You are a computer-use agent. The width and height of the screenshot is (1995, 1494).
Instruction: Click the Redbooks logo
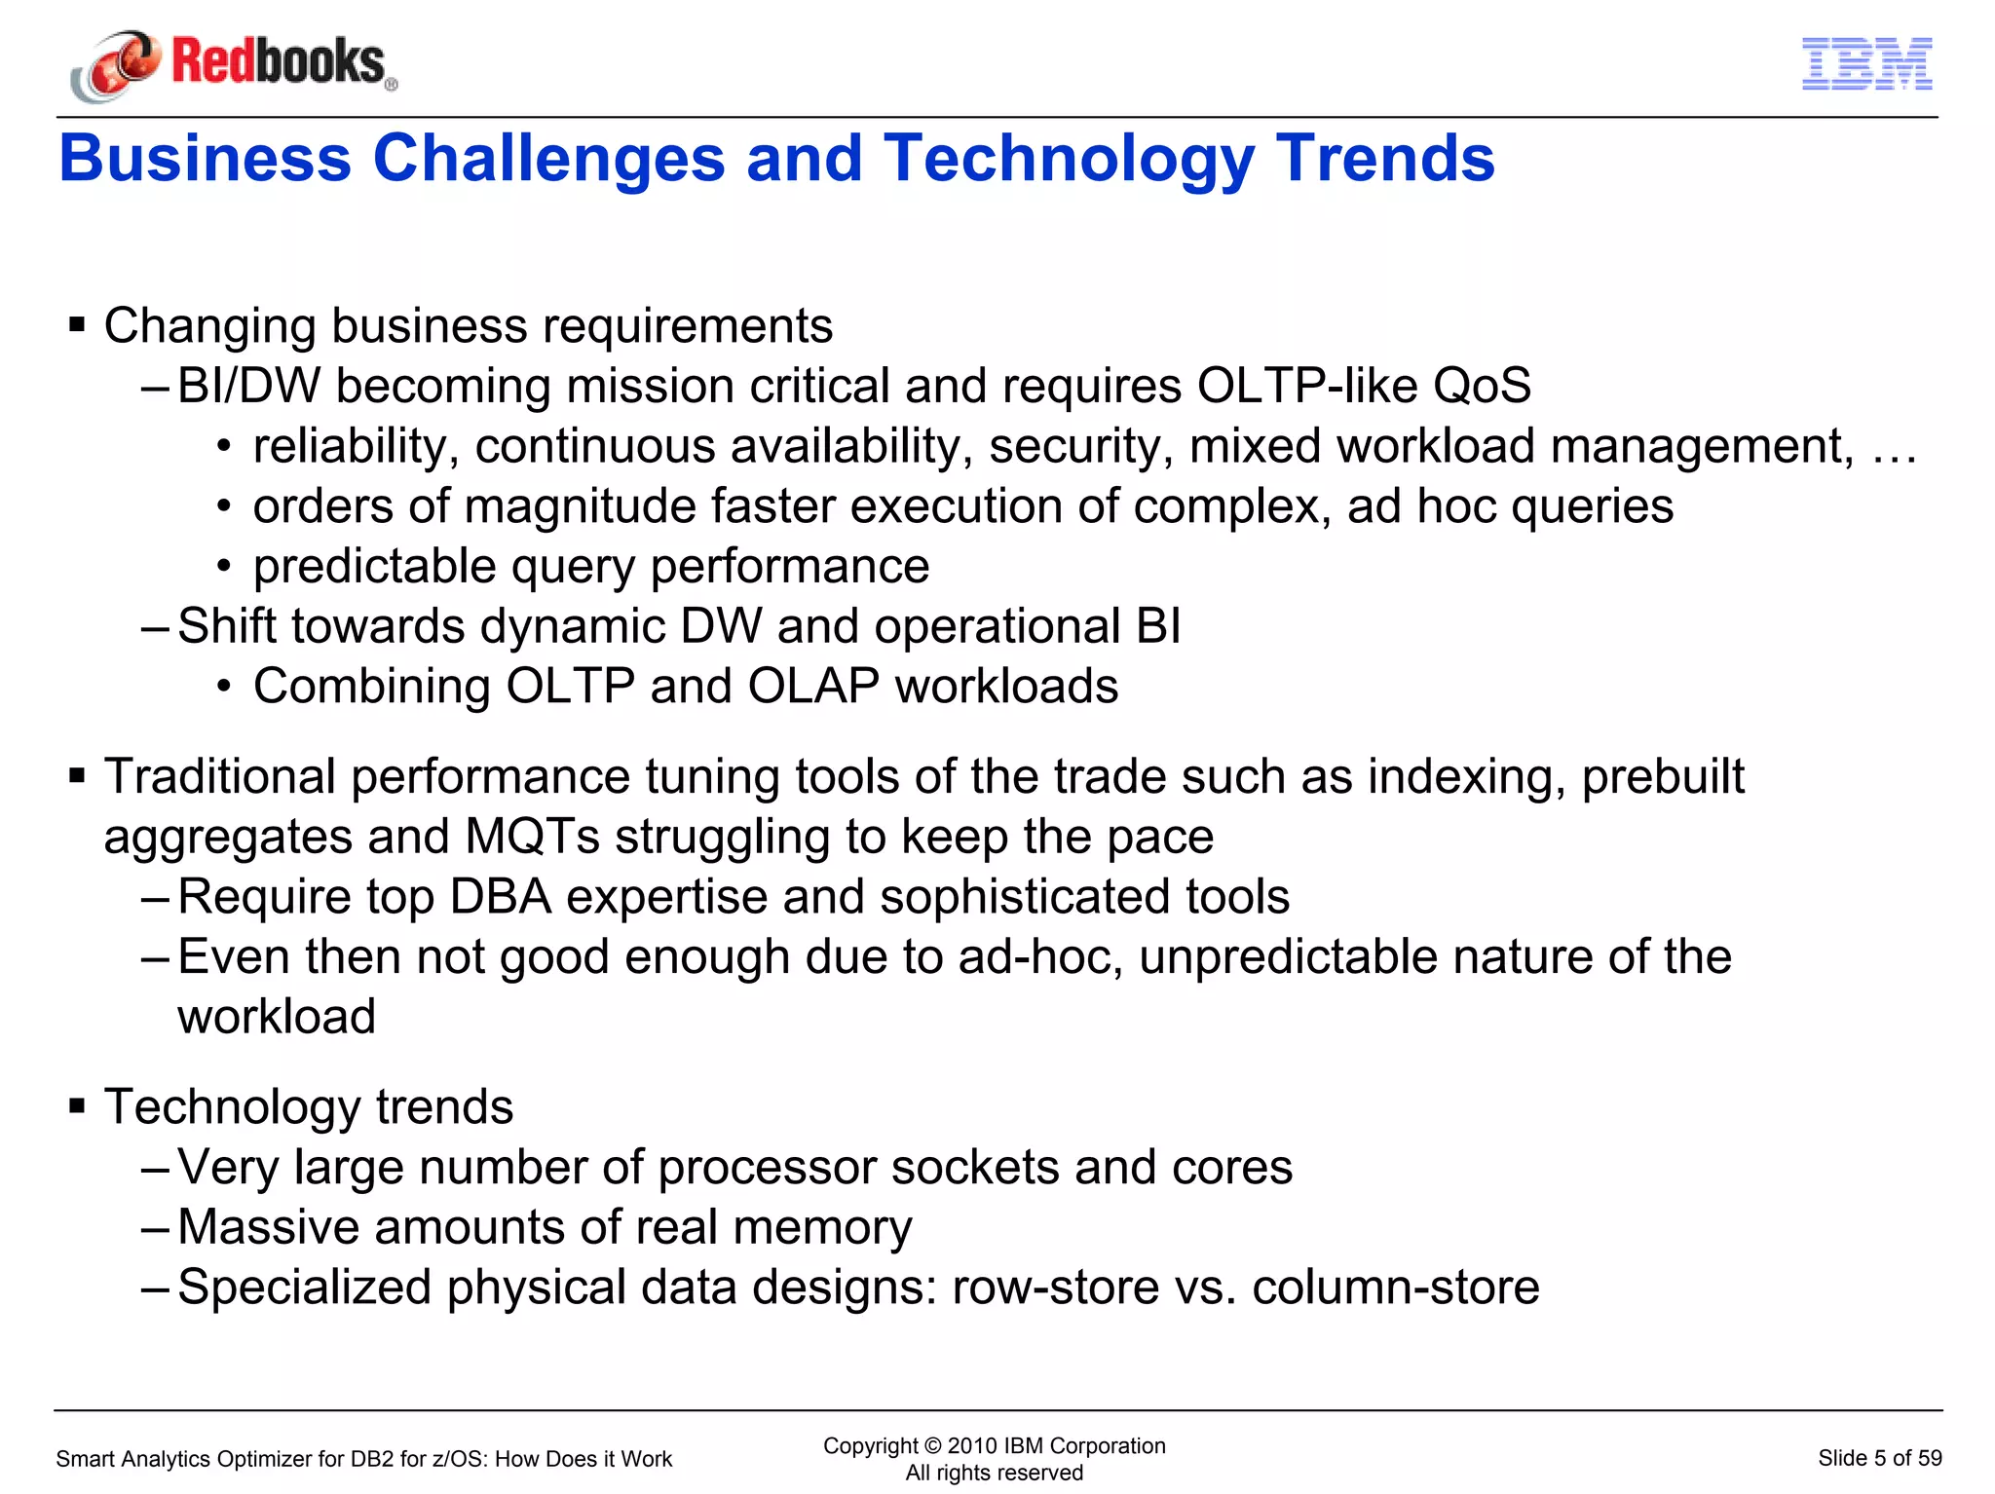tap(234, 63)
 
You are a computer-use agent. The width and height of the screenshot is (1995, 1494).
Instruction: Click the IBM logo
tap(1866, 64)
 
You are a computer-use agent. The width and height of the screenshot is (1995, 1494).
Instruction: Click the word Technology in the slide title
tap(1069, 159)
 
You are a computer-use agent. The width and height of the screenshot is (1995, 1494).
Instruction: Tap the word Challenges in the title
tap(548, 159)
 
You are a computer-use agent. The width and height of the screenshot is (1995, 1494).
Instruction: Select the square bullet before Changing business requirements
tap(77, 324)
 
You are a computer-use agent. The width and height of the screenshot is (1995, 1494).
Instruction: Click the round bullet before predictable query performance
tap(224, 567)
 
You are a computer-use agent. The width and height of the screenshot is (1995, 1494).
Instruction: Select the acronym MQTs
tap(532, 837)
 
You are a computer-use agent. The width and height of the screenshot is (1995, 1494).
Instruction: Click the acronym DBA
tap(501, 896)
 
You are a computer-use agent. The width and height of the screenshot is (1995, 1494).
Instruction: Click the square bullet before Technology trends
tap(77, 1105)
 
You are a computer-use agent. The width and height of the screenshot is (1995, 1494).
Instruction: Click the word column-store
tap(1395, 1287)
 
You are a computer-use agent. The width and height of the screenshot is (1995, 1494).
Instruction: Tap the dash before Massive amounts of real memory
tap(155, 1227)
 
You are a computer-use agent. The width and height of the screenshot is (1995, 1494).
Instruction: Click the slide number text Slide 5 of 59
tap(1879, 1458)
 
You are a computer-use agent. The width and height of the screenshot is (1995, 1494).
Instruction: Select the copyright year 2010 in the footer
tap(972, 1445)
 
